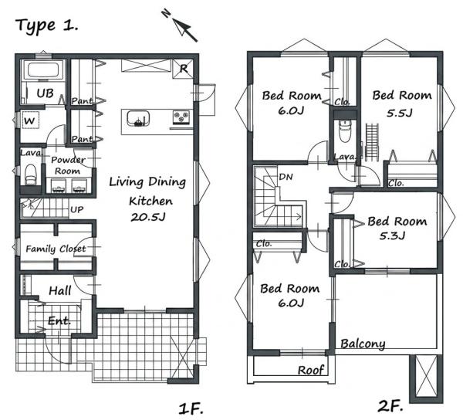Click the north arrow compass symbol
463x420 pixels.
click(180, 25)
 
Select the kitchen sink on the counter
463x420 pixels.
click(138, 118)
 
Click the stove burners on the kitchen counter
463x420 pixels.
click(181, 117)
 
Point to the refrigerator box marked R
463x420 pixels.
click(183, 69)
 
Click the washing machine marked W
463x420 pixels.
click(30, 120)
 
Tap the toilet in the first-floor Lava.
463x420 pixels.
click(30, 174)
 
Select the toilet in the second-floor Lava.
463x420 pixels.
click(344, 130)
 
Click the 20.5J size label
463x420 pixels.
click(148, 217)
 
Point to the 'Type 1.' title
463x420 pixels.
click(46, 25)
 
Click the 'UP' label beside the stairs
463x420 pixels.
click(76, 209)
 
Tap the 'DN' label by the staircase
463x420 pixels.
click(286, 177)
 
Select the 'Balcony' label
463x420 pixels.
click(363, 344)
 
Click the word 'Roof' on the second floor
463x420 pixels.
click(311, 370)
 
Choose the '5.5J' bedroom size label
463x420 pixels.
click(399, 113)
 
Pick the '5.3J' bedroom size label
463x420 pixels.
click(392, 235)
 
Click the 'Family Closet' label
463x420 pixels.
click(56, 249)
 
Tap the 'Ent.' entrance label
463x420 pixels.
click(59, 320)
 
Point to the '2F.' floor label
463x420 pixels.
click(390, 407)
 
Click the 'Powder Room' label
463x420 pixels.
click(68, 165)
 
